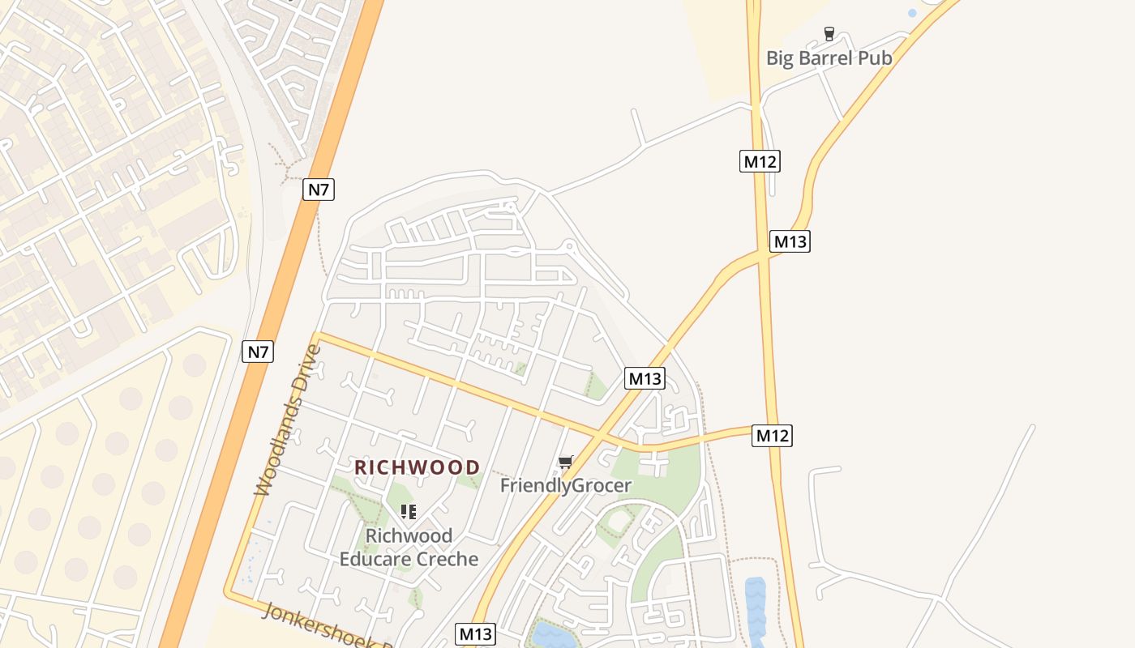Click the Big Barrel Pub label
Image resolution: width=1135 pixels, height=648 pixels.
[x=829, y=58]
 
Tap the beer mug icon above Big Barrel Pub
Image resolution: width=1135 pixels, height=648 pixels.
[x=829, y=34]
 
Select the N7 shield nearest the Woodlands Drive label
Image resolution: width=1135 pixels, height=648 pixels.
[x=258, y=352]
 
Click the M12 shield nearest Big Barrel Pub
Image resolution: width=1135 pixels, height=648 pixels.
[x=760, y=161]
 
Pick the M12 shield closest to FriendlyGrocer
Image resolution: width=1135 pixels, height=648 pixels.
[x=771, y=435]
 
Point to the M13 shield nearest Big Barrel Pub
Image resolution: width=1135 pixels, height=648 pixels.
[x=790, y=241]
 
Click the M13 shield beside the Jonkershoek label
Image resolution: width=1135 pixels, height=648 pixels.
[x=475, y=633]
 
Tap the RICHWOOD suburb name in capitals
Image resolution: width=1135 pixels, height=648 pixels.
[x=418, y=467]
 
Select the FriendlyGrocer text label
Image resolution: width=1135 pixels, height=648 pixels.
[x=565, y=485]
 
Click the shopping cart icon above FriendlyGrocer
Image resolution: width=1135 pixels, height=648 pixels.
[x=565, y=463]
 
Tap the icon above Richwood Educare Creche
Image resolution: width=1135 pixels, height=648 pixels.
[x=409, y=511]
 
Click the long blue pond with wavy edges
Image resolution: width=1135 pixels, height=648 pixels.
[x=756, y=611]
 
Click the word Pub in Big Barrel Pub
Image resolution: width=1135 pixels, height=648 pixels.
[x=876, y=58]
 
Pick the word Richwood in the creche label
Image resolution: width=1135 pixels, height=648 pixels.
[x=409, y=536]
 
